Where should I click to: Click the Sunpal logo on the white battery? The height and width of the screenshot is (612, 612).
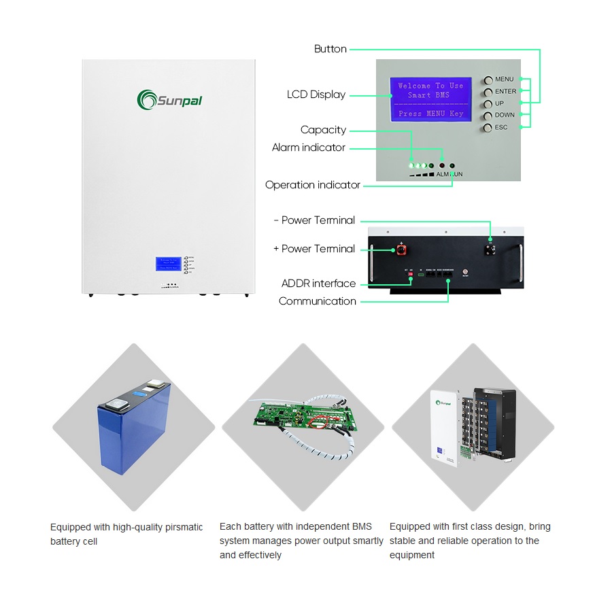click(x=169, y=100)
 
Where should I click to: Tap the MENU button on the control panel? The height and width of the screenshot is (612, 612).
click(x=488, y=80)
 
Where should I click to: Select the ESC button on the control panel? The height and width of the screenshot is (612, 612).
click(x=488, y=128)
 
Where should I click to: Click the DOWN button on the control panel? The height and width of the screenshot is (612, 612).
click(x=488, y=116)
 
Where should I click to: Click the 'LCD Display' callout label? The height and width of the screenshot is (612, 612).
click(x=316, y=95)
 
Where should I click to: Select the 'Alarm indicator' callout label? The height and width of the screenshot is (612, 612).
click(x=308, y=148)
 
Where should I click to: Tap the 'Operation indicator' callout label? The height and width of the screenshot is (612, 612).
click(x=313, y=185)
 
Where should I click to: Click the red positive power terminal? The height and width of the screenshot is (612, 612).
click(x=401, y=250)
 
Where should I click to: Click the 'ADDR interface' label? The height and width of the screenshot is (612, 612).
click(x=318, y=284)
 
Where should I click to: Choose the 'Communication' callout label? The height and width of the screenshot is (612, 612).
click(x=317, y=301)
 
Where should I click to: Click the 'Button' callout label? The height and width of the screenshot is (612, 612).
click(x=330, y=49)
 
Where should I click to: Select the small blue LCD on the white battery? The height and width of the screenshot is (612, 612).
click(x=169, y=265)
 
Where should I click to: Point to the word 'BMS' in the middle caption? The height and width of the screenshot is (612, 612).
click(x=362, y=526)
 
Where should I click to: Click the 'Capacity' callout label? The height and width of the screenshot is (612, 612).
click(x=323, y=130)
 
